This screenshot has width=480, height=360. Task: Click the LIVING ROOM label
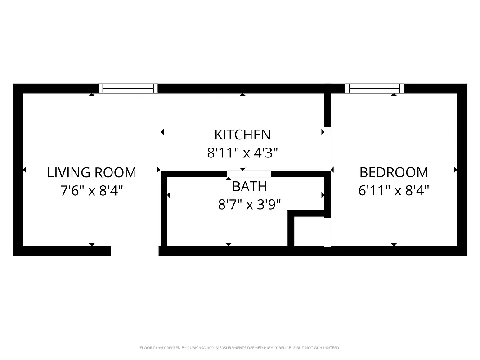[x=92, y=172]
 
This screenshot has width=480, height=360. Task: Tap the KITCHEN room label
[x=242, y=135]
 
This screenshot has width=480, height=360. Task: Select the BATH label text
[x=249, y=186]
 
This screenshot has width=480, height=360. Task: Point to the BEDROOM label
[x=394, y=172]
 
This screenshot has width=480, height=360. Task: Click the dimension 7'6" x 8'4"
[x=92, y=191]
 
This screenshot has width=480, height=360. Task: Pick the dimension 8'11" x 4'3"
[x=242, y=153]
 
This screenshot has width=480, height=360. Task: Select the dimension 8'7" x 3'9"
[x=249, y=205]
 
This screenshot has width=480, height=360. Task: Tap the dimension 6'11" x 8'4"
[x=394, y=191]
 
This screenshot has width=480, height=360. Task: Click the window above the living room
[x=128, y=88]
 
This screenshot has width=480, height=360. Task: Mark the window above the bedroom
[x=374, y=88]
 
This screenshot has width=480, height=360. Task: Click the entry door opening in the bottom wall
[x=135, y=251]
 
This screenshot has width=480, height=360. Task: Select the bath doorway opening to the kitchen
[x=249, y=174]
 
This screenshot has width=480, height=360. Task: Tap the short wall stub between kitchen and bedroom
[x=327, y=109]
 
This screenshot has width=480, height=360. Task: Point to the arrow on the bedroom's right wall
[x=455, y=170]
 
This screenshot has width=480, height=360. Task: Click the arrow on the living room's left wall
[x=24, y=170]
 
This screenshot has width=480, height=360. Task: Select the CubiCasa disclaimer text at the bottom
[x=240, y=348]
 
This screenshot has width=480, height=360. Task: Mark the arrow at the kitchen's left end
[x=162, y=132]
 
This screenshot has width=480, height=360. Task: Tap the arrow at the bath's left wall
[x=169, y=195]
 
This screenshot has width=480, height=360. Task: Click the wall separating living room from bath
[x=164, y=209]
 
